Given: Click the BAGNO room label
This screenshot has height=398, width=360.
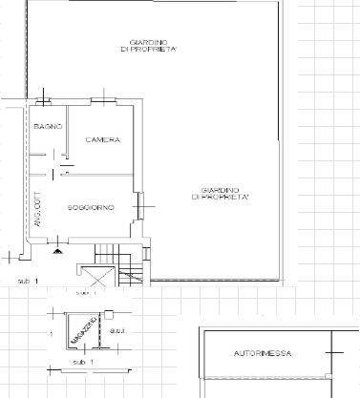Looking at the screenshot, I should pyautogui.click(x=48, y=127).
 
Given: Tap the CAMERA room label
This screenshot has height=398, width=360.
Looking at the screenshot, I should pyautogui.click(x=102, y=140).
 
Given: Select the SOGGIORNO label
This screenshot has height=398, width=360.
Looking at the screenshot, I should pyautogui.click(x=92, y=207).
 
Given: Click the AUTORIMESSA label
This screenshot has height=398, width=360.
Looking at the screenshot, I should pyautogui.click(x=262, y=354).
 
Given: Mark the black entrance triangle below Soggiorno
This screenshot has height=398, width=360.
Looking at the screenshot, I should pyautogui.click(x=59, y=250).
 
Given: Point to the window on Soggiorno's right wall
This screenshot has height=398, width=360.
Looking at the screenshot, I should pyautogui.click(x=140, y=202).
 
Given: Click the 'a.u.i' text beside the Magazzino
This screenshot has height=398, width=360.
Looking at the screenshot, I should pyautogui.click(x=117, y=330).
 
